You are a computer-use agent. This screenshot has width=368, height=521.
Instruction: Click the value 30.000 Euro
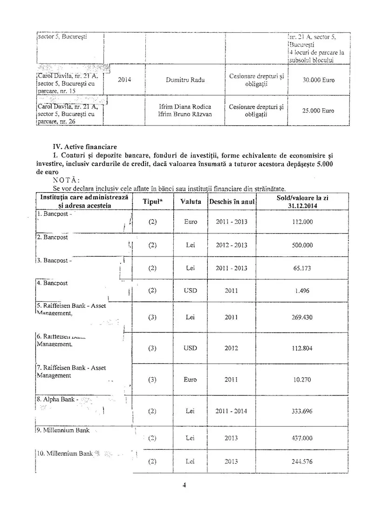pyautogui.click(x=318, y=80)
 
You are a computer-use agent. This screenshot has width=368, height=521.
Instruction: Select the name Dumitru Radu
pyautogui.click(x=185, y=80)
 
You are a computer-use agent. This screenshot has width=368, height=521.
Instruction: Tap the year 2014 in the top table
pyautogui.click(x=124, y=80)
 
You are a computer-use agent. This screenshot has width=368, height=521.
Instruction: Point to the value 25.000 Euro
pyautogui.click(x=318, y=111)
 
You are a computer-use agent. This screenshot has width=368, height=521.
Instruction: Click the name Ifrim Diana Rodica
pyautogui.click(x=185, y=107)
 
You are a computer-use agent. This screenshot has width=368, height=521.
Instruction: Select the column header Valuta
pyautogui.click(x=191, y=202)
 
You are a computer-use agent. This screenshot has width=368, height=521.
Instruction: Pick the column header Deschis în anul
pyautogui.click(x=231, y=202)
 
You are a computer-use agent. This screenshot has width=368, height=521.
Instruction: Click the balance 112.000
pyautogui.click(x=302, y=222)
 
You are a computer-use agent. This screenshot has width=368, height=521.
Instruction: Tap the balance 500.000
pyautogui.click(x=302, y=245)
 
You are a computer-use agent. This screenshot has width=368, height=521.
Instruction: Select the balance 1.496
pyautogui.click(x=302, y=291)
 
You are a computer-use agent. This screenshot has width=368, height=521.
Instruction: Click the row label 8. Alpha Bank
pyautogui.click(x=55, y=400)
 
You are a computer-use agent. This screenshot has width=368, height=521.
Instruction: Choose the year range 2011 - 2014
pyautogui.click(x=231, y=411)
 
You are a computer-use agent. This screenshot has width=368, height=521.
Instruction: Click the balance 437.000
pyautogui.click(x=302, y=438)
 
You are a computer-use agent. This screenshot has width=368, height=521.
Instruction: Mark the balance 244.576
pyautogui.click(x=302, y=462)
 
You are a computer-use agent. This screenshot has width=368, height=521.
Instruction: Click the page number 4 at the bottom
pyautogui.click(x=184, y=485)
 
